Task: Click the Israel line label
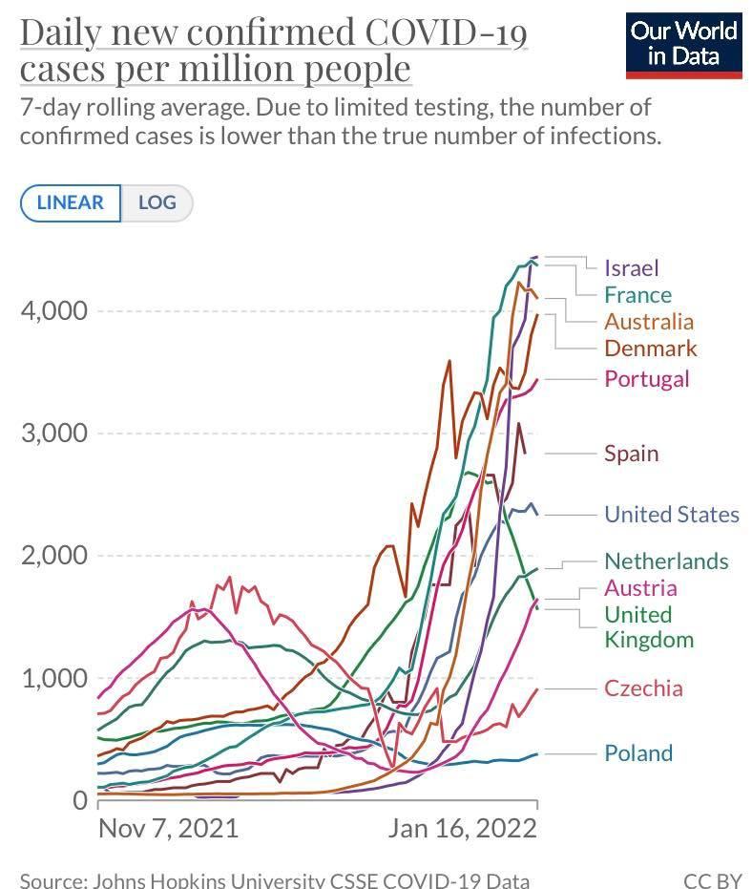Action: [631, 268]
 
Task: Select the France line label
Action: [637, 295]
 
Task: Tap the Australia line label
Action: [649, 322]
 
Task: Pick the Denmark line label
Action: [651, 349]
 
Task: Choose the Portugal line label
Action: [646, 379]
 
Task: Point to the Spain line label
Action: [631, 453]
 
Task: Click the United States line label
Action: [671, 515]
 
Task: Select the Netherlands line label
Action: [666, 561]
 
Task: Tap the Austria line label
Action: [640, 588]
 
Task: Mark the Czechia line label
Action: [643, 688]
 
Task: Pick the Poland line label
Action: [637, 753]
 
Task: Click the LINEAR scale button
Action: [70, 202]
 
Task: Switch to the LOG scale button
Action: [157, 202]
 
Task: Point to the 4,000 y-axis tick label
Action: [54, 311]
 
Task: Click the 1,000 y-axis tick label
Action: [54, 679]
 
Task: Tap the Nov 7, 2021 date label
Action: [168, 828]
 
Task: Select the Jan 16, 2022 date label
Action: [462, 828]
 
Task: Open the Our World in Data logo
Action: [683, 44]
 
